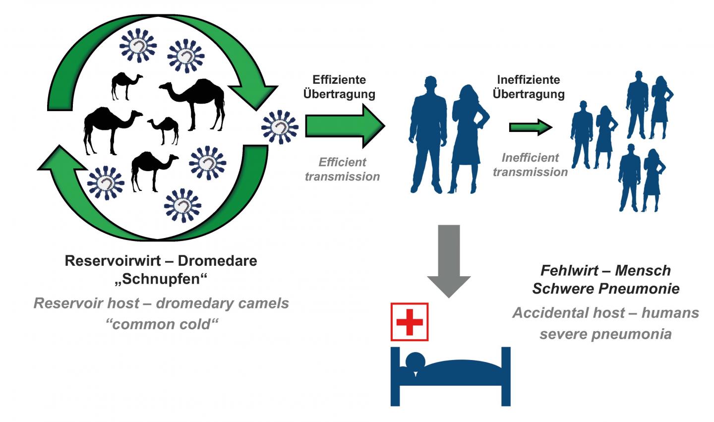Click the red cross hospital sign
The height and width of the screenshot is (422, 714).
[x=410, y=322]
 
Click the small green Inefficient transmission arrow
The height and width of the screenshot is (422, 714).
[x=530, y=127]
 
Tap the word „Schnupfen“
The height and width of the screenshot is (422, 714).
[x=161, y=279]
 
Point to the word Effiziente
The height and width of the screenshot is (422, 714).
[x=339, y=80]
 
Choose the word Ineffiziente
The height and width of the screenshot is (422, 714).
[x=529, y=80]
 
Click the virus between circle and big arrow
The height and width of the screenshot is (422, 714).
[x=280, y=127]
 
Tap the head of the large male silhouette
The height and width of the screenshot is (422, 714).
[x=430, y=83]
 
